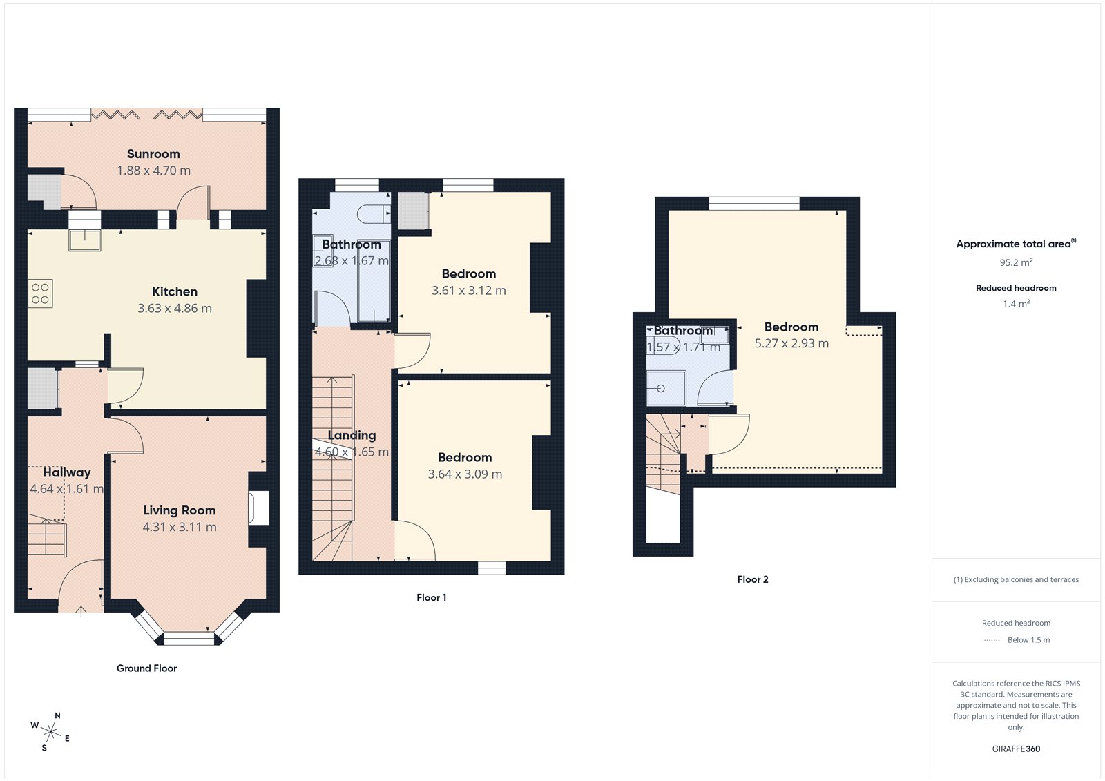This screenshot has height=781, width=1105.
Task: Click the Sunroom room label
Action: click(x=153, y=154)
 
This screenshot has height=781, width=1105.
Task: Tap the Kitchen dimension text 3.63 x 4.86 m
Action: click(x=175, y=309)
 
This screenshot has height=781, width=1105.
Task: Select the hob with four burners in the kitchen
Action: click(x=40, y=293)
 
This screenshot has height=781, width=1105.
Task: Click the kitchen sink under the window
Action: click(x=85, y=239)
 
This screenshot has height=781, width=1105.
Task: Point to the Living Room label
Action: click(x=180, y=510)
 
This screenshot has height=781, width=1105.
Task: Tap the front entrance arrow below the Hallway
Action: click(x=81, y=610)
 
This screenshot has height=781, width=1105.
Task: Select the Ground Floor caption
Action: click(x=146, y=668)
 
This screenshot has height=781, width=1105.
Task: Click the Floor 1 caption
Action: click(x=432, y=598)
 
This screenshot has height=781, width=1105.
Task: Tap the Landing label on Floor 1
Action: click(x=352, y=435)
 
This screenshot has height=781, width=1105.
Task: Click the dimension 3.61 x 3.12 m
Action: click(x=469, y=291)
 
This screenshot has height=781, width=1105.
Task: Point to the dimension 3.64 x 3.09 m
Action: click(x=465, y=474)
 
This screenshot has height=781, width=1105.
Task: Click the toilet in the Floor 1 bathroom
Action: click(x=374, y=213)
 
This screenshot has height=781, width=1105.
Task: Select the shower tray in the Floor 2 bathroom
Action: click(x=666, y=388)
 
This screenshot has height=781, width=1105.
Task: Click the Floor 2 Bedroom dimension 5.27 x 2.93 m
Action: click(x=791, y=344)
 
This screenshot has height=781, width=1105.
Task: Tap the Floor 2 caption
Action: click(x=753, y=580)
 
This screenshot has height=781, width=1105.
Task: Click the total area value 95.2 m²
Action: click(x=1016, y=262)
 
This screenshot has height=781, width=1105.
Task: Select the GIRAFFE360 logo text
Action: click(x=1016, y=749)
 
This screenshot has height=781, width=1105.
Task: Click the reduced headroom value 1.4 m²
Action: click(x=1016, y=304)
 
